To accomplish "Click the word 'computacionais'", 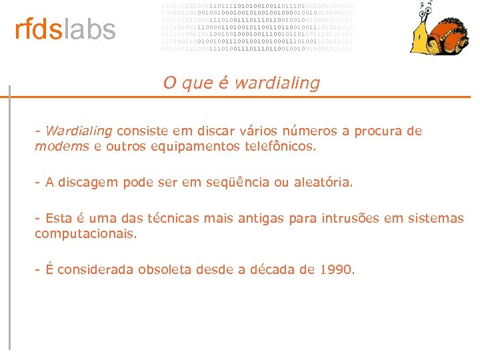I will pyautogui.click(x=85, y=234).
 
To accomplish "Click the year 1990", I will pyautogui.click(x=337, y=270).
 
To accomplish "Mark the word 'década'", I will pyautogui.click(x=274, y=270).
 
